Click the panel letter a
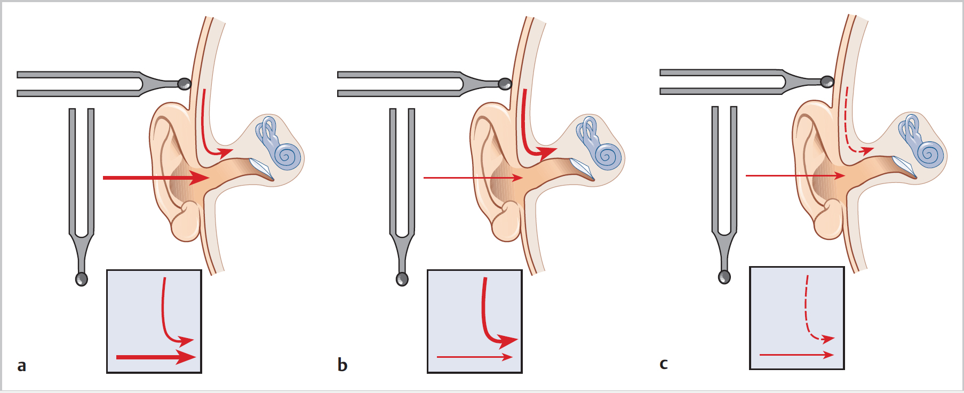[21, 366]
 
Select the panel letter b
[342, 365]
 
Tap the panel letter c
[664, 364]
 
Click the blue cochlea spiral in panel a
[288, 156]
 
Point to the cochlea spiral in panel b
[608, 156]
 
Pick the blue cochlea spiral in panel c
[930, 154]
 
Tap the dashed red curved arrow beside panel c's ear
[849, 128]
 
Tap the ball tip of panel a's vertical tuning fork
[81, 279]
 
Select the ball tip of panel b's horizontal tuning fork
[505, 84]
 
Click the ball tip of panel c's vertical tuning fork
[724, 277]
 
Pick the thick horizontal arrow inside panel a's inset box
[155, 357]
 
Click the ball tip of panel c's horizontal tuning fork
[827, 82]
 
